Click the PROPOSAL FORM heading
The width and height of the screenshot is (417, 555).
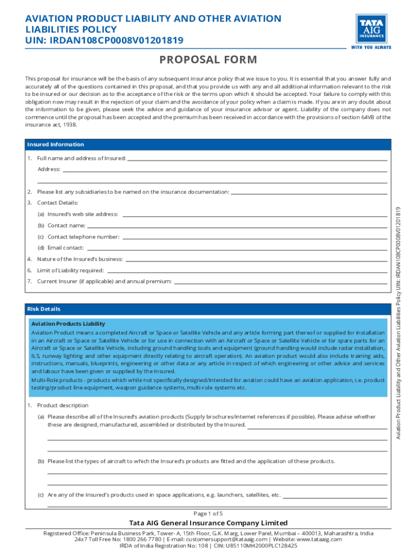208,60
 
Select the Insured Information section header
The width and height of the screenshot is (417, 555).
56,145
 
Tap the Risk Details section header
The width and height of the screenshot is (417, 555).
44,309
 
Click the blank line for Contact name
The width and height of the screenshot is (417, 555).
237,226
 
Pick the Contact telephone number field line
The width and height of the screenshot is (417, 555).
254,237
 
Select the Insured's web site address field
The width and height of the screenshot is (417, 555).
255,215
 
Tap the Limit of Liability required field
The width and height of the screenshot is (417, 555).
246,271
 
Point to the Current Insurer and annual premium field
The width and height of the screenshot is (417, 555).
280,282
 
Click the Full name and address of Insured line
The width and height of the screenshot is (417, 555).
257,159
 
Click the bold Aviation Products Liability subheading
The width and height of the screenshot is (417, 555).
68,324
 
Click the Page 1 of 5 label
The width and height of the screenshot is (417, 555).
208,513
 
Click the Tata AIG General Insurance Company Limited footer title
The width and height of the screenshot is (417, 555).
208,523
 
